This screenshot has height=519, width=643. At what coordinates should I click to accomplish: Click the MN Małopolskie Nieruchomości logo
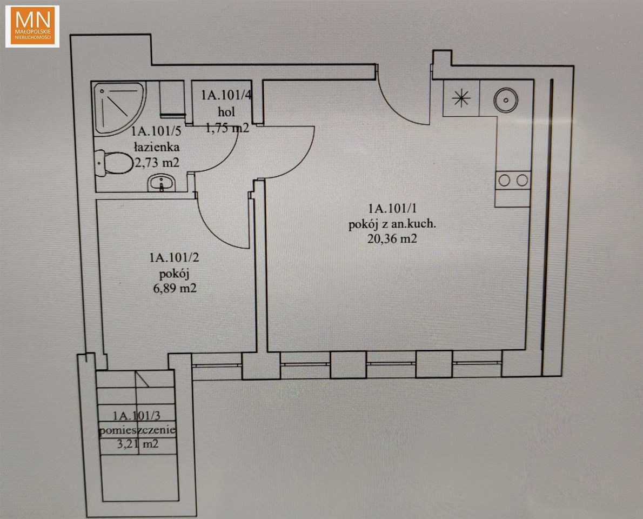[x=32, y=26]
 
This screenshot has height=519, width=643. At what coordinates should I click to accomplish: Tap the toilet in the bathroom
[x=109, y=163]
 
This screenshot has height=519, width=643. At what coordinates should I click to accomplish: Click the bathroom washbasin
[x=161, y=183]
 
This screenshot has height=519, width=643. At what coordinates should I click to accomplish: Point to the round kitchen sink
[x=506, y=99]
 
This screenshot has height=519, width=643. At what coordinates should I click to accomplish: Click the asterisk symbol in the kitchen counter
[x=461, y=98]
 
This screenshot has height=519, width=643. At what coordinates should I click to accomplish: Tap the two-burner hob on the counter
[x=513, y=180]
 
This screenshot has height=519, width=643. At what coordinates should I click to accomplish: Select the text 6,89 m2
[x=175, y=289]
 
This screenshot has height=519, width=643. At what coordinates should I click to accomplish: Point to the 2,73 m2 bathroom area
[x=157, y=163]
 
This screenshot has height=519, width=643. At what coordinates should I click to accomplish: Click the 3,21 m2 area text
[x=138, y=443]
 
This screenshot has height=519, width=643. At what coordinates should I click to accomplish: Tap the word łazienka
[x=157, y=147]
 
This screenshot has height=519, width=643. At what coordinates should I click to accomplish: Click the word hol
[x=226, y=111]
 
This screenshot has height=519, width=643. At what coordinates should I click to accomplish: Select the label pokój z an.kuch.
[x=392, y=224]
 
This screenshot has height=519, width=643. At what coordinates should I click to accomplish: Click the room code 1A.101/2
[x=175, y=258]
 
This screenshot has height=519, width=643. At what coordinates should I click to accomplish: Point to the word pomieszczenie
[x=137, y=430]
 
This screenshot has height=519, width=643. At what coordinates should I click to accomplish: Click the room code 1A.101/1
[x=392, y=209]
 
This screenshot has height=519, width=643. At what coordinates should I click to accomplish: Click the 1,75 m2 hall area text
[x=227, y=128]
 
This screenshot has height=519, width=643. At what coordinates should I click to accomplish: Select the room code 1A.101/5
[x=156, y=131]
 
